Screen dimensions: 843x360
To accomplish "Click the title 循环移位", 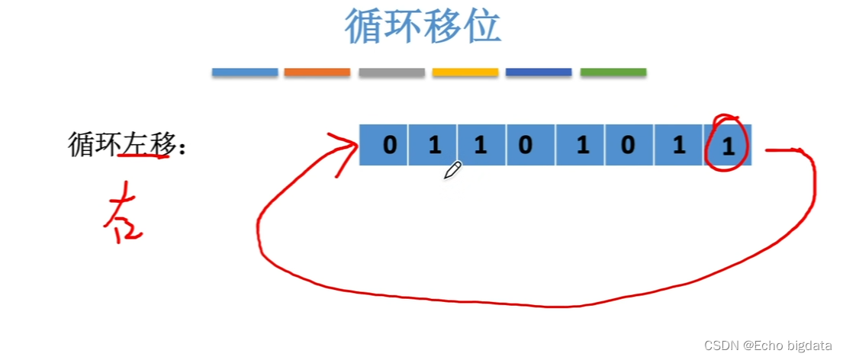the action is tap(422, 27).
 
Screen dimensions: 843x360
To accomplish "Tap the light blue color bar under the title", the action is tap(244, 72).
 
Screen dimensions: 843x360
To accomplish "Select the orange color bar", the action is tap(317, 72).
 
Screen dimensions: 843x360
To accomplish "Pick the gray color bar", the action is tap(391, 72).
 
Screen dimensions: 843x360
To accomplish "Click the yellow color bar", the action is tap(465, 72).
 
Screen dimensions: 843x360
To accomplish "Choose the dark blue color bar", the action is tap(539, 72).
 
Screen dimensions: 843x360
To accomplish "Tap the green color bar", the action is tap(613, 72).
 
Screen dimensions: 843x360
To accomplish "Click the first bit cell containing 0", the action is tap(389, 145).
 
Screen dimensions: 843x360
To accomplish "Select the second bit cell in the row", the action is tap(434, 145).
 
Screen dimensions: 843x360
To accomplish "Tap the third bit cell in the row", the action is tap(480, 145).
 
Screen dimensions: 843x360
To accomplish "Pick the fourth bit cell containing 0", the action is tap(525, 145).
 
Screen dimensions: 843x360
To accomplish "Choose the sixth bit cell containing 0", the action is tap(628, 145).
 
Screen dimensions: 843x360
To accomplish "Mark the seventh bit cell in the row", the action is tap(679, 145).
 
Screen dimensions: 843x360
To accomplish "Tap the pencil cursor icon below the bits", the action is tap(452, 170).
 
